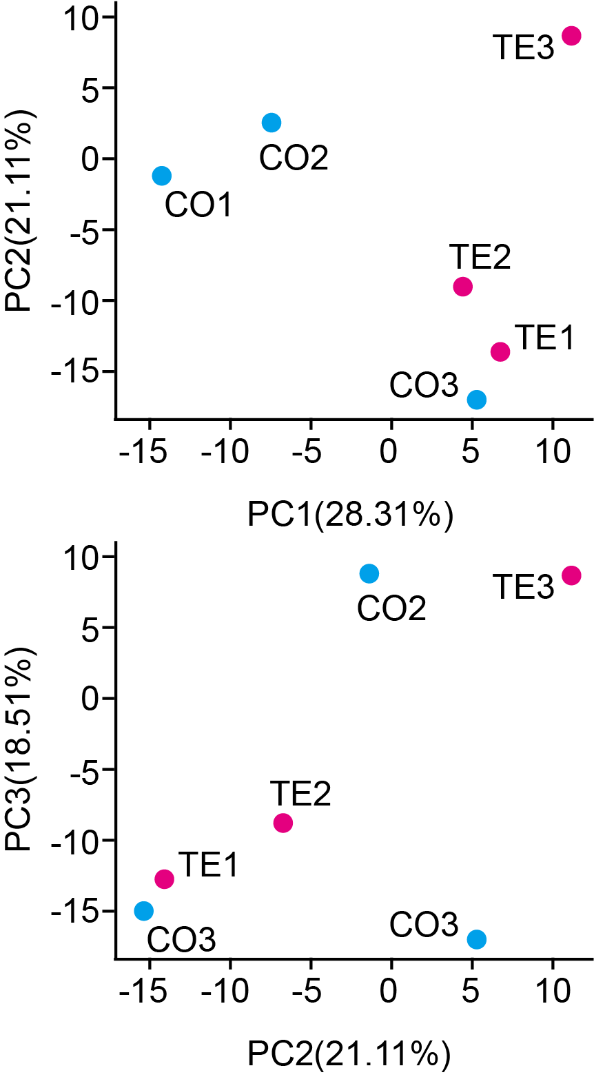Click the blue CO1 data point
coord(161,176)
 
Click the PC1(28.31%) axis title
coord(350,515)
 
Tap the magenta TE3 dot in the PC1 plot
coord(571,36)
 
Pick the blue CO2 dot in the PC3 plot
coord(369,573)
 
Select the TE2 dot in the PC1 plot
coord(462,287)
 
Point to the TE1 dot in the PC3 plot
coord(165,879)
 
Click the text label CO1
coord(199,205)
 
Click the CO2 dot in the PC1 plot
coord(272,123)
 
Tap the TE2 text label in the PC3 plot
coord(300,793)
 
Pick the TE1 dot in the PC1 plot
coord(500,351)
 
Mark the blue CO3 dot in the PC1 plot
coord(476,400)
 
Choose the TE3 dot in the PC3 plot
coord(571,575)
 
